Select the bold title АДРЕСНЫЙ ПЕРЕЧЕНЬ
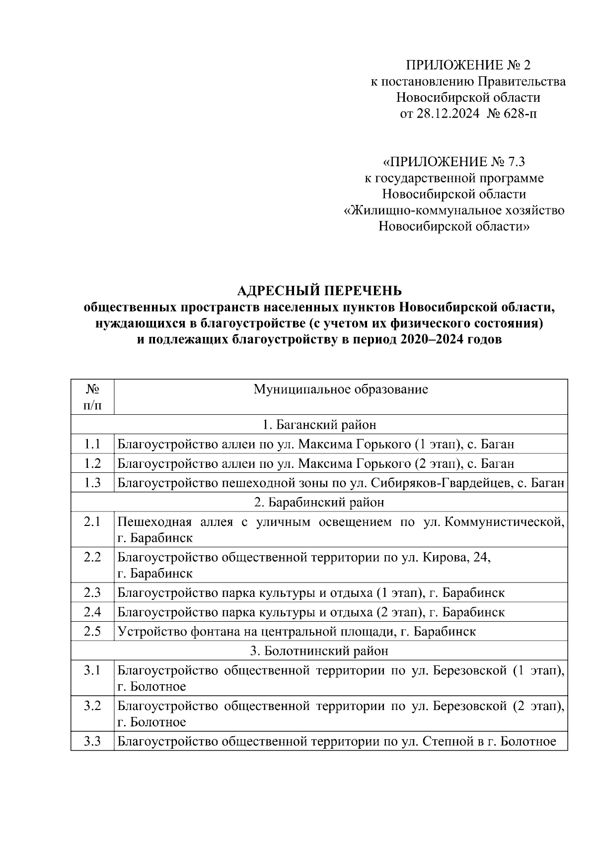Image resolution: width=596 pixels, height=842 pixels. (319, 290)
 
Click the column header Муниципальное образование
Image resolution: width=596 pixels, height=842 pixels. (341, 389)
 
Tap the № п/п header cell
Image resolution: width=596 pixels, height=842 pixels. (92, 397)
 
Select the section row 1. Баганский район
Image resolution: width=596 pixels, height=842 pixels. (319, 425)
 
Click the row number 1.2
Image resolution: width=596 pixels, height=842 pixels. (92, 463)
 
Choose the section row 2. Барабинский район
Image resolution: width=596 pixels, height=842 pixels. (319, 502)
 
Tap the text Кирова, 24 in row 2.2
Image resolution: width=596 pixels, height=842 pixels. (456, 557)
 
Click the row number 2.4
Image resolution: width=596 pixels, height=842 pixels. (92, 612)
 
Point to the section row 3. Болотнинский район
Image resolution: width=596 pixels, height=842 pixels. (319, 650)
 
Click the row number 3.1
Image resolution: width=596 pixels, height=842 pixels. (92, 671)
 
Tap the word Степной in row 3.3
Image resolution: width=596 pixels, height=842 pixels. (444, 742)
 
